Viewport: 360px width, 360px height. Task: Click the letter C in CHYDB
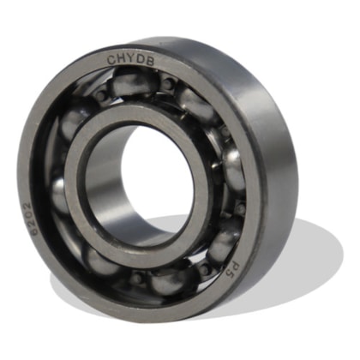tap(111, 60)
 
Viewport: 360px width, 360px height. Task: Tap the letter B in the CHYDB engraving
tap(149, 61)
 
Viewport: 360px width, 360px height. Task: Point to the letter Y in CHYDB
tap(130, 59)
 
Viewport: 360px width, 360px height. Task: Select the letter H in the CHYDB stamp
tap(121, 60)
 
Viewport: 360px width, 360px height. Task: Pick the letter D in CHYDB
tap(140, 60)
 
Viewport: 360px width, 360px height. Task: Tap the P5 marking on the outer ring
tap(233, 268)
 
